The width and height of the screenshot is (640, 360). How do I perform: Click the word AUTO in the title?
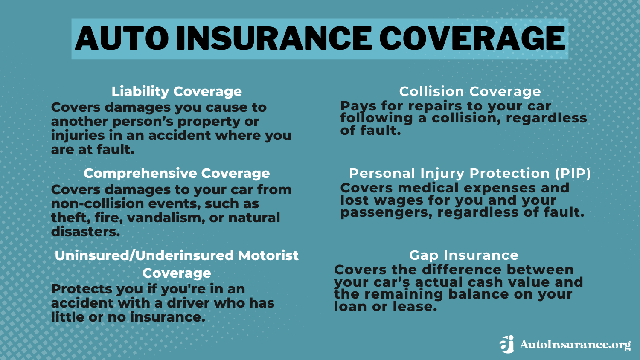pos(122,38)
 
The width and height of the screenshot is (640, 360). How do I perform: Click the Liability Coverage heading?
pos(177,91)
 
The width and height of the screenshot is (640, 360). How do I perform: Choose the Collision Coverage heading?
pos(470,91)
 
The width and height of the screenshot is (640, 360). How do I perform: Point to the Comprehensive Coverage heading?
pos(177,173)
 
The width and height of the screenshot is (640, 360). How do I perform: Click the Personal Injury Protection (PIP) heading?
pos(470,173)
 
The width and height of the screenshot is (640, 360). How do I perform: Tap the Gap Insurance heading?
pos(464,255)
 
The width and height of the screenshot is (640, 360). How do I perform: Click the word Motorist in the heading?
pos(268,255)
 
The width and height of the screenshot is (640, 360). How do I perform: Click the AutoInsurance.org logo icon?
pos(507,344)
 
